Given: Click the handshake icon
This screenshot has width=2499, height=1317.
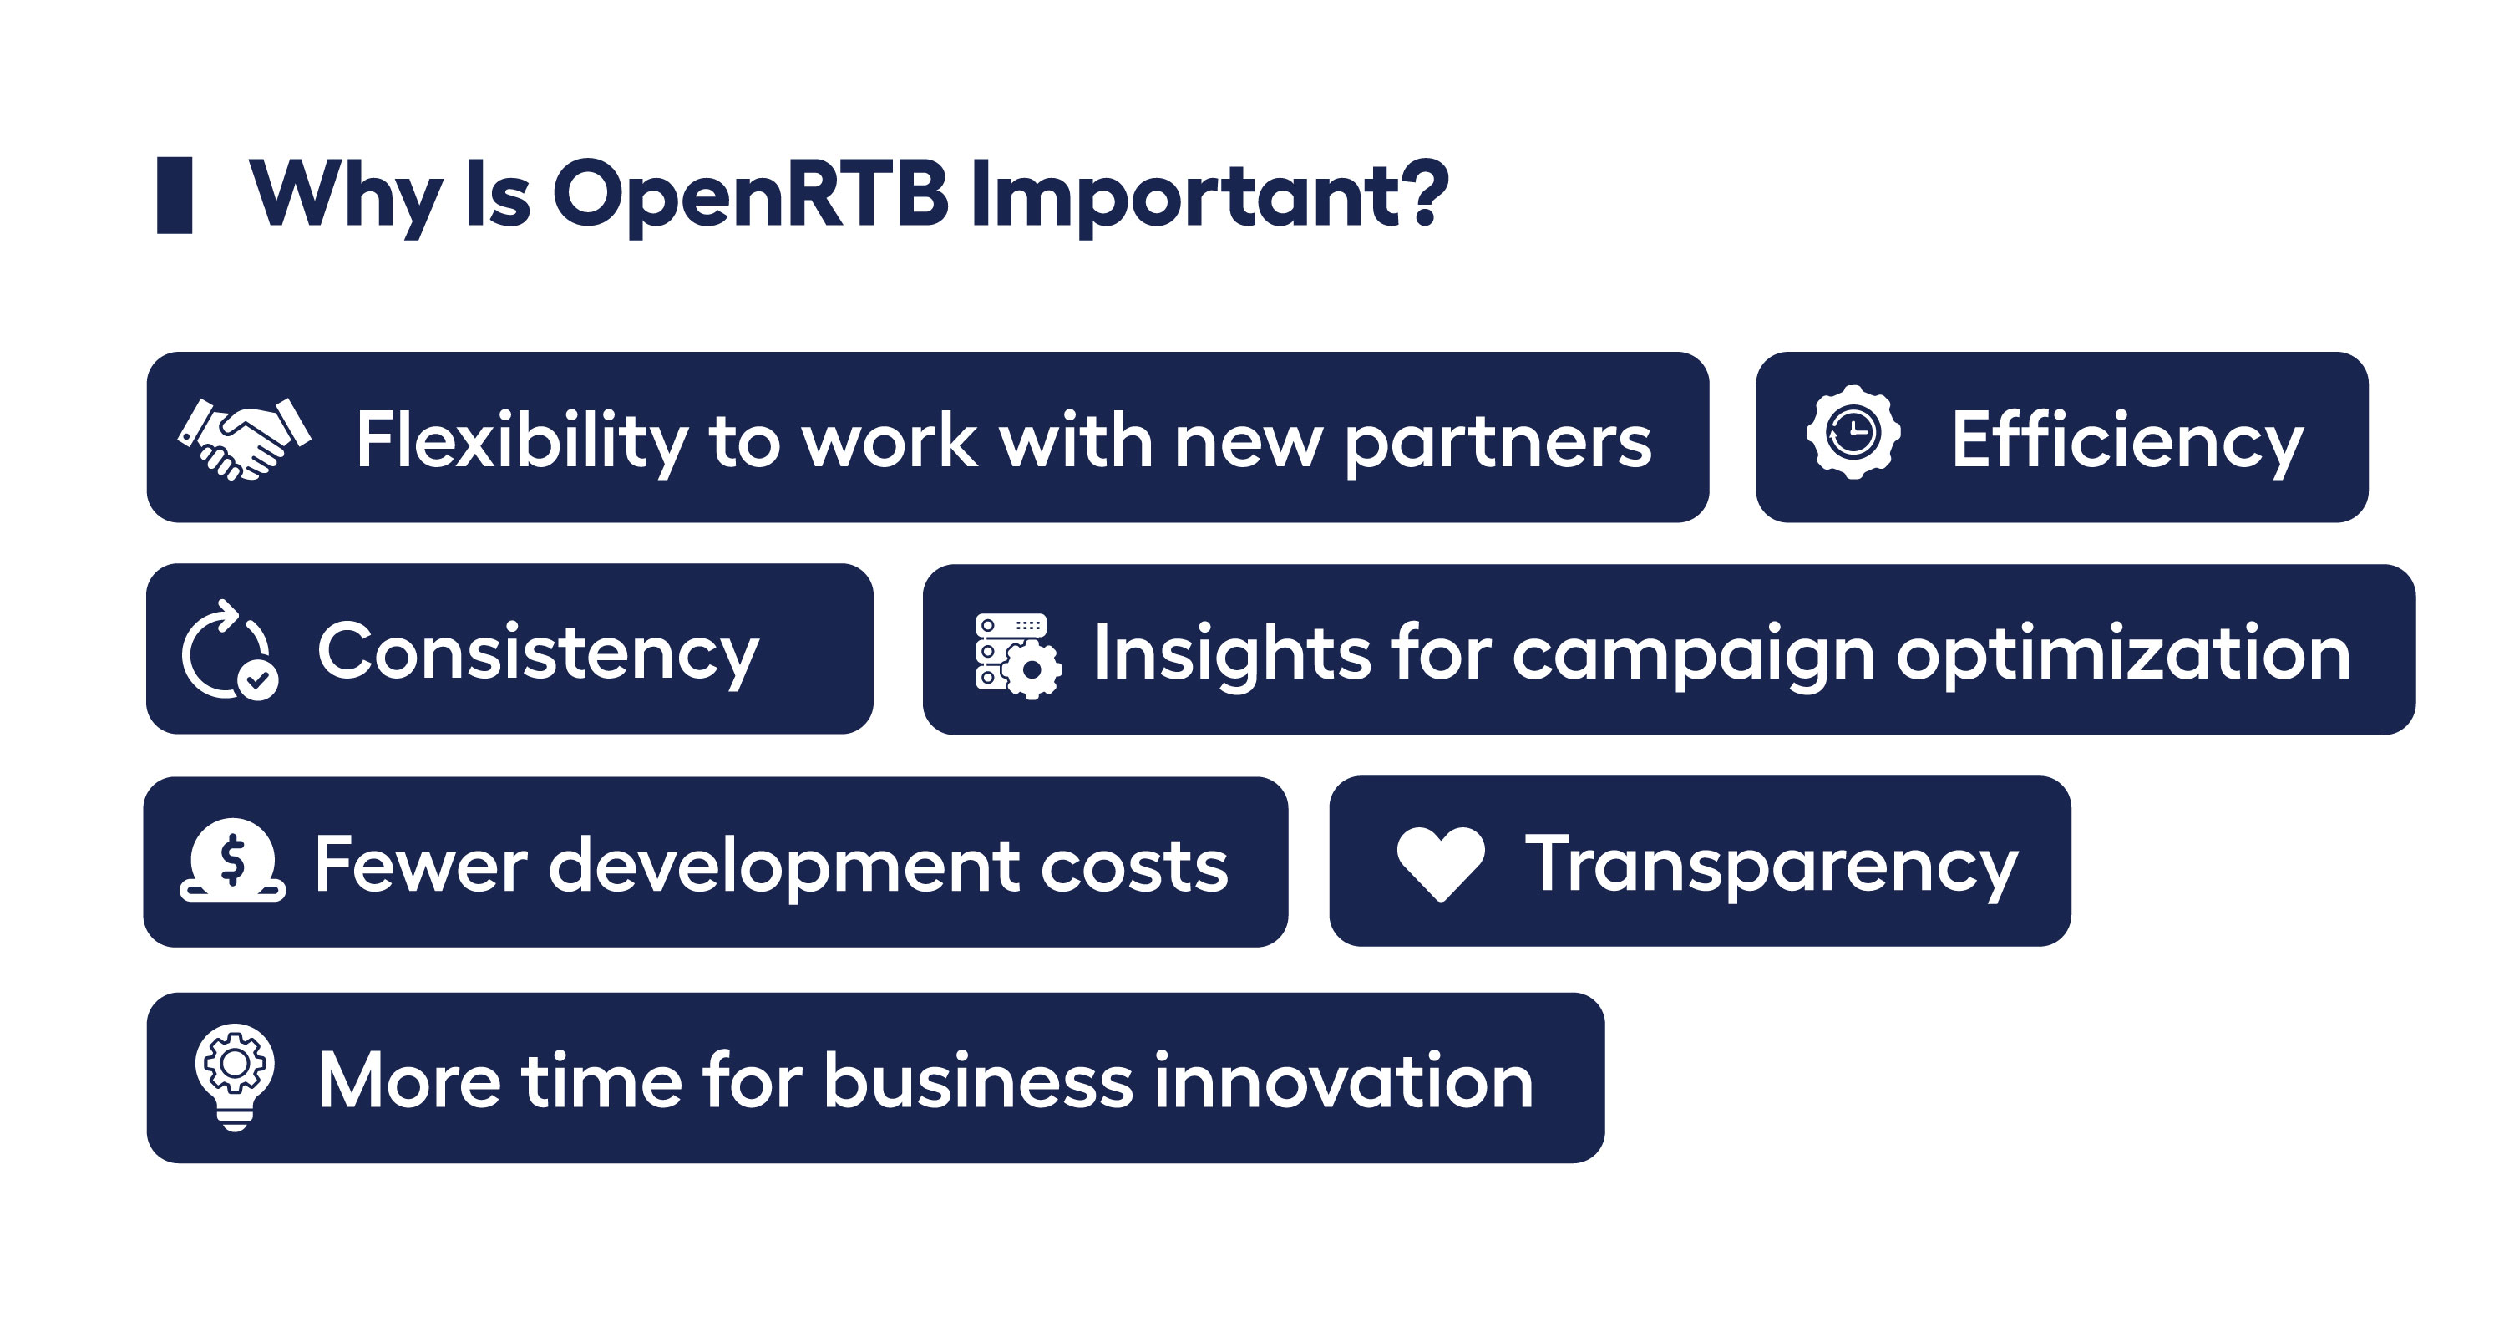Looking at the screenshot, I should coord(244,439).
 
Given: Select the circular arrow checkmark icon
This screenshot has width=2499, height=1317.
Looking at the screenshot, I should coord(229,650).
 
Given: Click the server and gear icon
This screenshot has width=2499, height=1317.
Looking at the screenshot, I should coord(1017,655).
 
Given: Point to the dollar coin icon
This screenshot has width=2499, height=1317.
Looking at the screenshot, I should coord(233,861).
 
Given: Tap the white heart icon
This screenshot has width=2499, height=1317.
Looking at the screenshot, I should coord(1440,862).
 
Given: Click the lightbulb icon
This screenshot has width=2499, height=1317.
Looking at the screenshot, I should coord(235,1076).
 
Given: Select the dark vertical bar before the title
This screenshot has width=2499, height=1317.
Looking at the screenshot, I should coord(175,194).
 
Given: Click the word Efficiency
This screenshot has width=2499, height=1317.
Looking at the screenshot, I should coord(2126,440).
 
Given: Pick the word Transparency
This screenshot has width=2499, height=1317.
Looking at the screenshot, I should coord(1772,864).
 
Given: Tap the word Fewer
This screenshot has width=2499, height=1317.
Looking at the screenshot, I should coord(421,864).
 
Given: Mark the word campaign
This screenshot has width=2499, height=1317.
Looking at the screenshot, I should coord(1693,655).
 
